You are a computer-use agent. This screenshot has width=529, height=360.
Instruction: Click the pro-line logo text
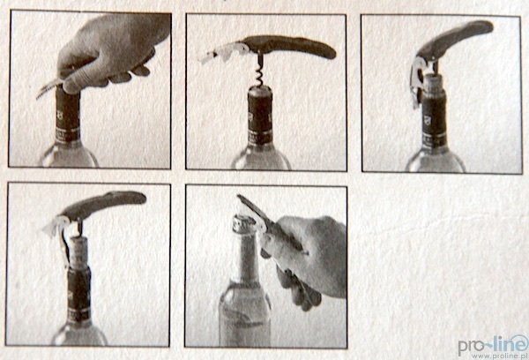click(493, 344)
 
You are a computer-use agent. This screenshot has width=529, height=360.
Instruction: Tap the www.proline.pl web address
click(500, 356)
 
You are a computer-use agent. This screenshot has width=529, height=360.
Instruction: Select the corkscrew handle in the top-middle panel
click(288, 47)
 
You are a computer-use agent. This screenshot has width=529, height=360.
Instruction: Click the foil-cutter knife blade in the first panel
click(48, 88)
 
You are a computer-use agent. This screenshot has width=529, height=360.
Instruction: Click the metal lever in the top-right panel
click(417, 82)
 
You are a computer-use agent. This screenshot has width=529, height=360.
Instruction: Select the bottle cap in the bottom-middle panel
click(244, 224)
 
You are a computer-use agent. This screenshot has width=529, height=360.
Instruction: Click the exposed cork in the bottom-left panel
click(78, 252)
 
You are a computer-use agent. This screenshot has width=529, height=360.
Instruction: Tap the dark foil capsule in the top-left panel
click(68, 115)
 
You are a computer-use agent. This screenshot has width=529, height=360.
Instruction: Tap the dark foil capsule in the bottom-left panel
click(79, 294)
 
